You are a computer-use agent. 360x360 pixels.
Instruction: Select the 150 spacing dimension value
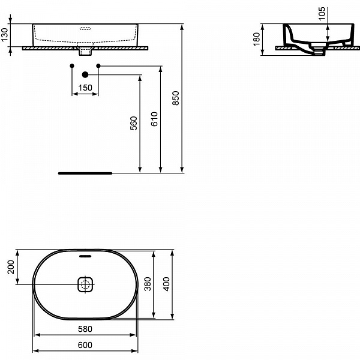[x=85, y=88]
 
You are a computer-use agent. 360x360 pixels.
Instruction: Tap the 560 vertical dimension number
[x=134, y=123]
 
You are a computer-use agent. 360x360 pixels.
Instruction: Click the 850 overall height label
[x=175, y=98]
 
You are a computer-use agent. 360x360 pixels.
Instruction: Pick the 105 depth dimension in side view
[x=322, y=14]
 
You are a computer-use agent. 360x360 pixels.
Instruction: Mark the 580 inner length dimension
[x=85, y=329]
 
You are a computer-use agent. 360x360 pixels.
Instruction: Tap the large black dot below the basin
[x=85, y=75]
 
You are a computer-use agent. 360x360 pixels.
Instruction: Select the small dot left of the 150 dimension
[x=71, y=65]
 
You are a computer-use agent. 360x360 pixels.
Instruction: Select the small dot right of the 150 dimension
[x=98, y=65]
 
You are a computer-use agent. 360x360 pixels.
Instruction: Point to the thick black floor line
[x=85, y=173]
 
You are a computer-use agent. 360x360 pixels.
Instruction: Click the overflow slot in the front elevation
[x=85, y=27]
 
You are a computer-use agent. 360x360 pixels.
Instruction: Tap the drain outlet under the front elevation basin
[x=85, y=50]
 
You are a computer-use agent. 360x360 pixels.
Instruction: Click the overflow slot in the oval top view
[x=85, y=256]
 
